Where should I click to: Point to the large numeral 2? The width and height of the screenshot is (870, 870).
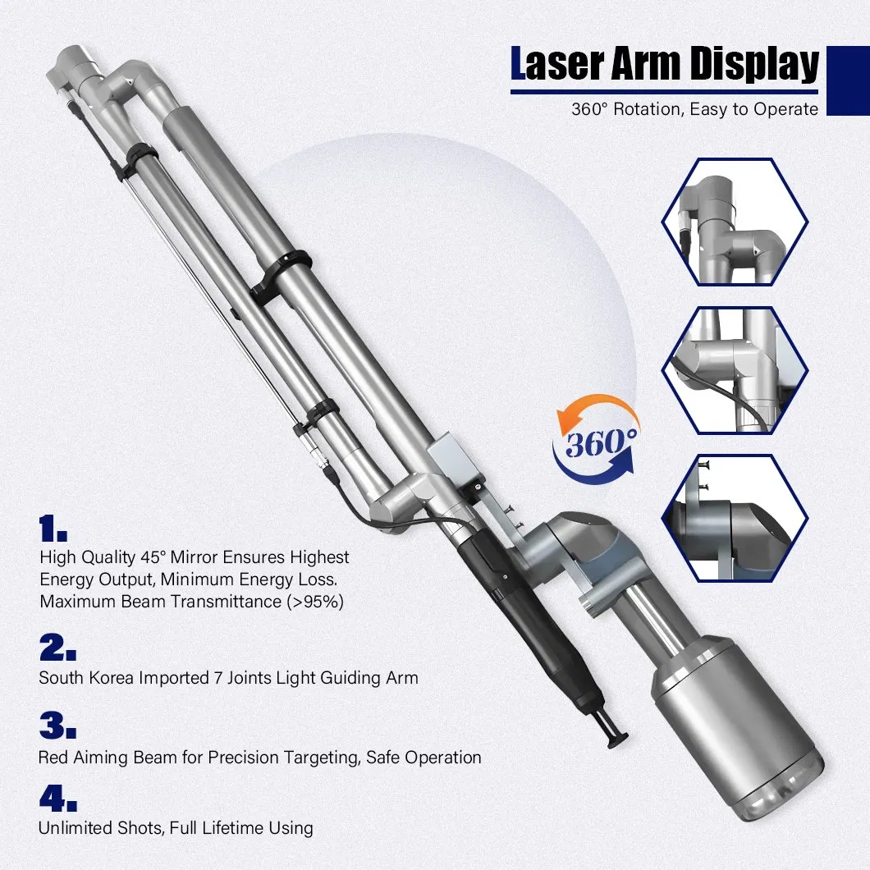(x=57, y=648)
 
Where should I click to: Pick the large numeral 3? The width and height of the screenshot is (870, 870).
(x=58, y=726)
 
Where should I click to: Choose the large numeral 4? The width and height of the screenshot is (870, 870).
(x=58, y=797)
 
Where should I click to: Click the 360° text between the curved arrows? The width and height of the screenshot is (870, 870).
(x=597, y=445)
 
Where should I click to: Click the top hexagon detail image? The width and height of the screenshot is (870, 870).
(x=735, y=222)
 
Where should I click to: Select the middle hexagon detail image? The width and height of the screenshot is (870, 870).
(x=735, y=370)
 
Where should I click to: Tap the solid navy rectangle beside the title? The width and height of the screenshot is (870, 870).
(x=848, y=80)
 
